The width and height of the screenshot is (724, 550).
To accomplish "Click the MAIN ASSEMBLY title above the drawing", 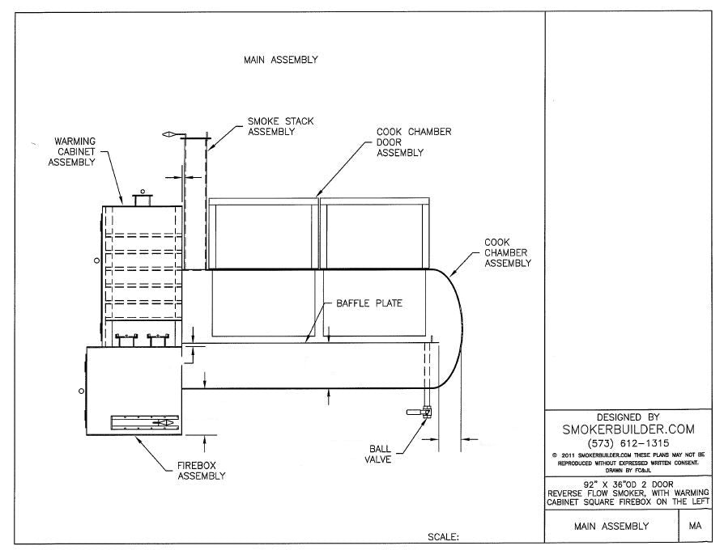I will [x=280, y=60].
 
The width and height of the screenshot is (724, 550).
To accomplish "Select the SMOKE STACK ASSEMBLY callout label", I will [x=280, y=126].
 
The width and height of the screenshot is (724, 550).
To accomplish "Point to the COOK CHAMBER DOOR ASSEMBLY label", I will [x=413, y=142].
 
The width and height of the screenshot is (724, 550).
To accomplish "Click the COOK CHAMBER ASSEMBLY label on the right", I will [x=506, y=252].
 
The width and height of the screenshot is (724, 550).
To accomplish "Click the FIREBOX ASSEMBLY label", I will [x=201, y=471].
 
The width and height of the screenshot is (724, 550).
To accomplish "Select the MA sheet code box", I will [x=694, y=526].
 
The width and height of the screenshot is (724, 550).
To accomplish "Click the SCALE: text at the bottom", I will [x=443, y=536].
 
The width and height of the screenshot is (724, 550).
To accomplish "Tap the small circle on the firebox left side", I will [x=81, y=391].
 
